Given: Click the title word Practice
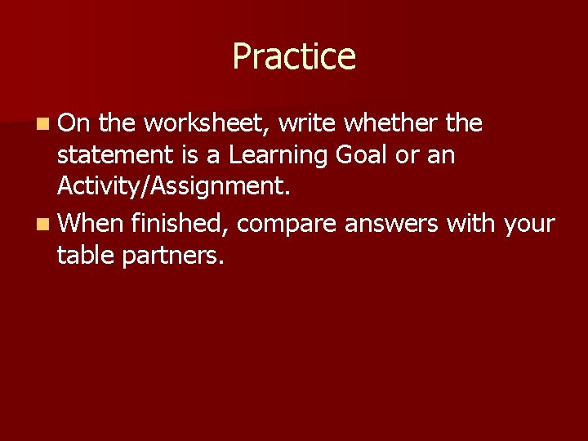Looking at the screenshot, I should coord(294,57).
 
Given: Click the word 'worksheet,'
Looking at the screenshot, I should coord(207,123).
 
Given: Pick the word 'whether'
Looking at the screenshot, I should coord(393,123).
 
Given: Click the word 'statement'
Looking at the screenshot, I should coord(115,155).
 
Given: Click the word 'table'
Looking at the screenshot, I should coord(86,256).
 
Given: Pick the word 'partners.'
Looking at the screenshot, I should coord(172,256).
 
